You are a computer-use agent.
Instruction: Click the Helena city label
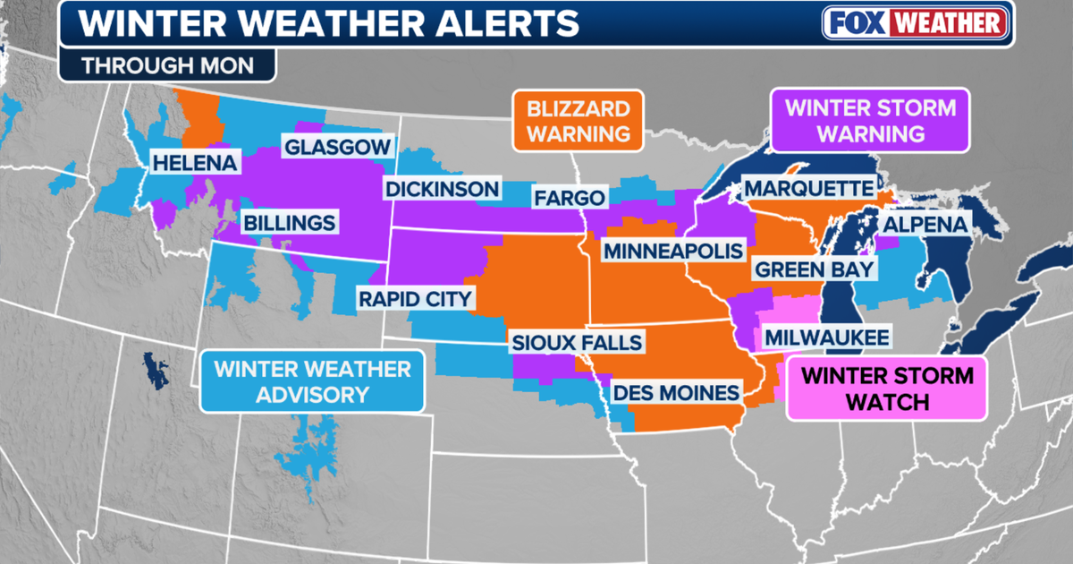pyautogui.click(x=194, y=164)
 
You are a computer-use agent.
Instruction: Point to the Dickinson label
pyautogui.click(x=441, y=189)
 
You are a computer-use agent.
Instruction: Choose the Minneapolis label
pyautogui.click(x=673, y=251)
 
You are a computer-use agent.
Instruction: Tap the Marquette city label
pyautogui.click(x=807, y=189)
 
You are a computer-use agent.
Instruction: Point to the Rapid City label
pyautogui.click(x=415, y=299)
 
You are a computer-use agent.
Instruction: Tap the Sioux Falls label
pyautogui.click(x=576, y=342)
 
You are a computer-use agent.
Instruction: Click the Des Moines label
pyautogui.click(x=676, y=392)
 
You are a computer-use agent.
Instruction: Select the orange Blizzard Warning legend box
pyautogui.click(x=578, y=121)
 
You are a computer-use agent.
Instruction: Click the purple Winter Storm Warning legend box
pyautogui.click(x=870, y=121)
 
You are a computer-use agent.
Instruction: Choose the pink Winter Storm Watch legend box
pyautogui.click(x=885, y=389)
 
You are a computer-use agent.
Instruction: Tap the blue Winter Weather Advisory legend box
pyautogui.click(x=311, y=381)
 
